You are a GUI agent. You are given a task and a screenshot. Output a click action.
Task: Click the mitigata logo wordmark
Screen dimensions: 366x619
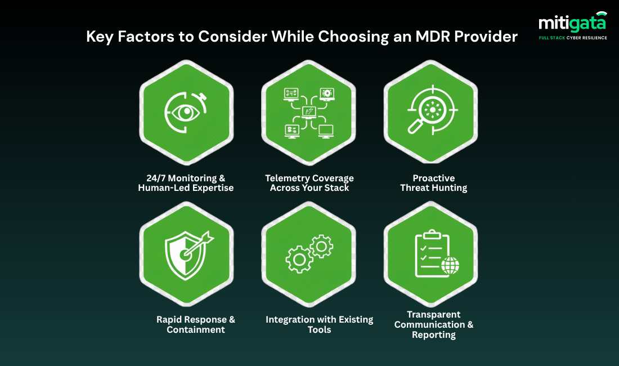(x=572, y=22)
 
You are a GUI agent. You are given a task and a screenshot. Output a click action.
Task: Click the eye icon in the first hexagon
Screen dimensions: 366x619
(x=186, y=112)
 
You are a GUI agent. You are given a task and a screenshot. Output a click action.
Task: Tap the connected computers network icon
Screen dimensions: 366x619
(x=309, y=112)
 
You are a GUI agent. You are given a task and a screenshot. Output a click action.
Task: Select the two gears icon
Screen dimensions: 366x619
(x=309, y=256)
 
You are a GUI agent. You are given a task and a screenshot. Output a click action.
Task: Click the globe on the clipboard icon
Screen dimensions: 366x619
(x=450, y=266)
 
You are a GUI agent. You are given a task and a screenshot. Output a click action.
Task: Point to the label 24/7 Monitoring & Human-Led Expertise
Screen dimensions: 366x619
(x=185, y=183)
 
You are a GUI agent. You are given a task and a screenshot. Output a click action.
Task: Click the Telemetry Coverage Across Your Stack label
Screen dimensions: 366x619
(x=309, y=183)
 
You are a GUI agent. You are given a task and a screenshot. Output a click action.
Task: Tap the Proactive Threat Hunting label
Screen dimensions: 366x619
(x=433, y=183)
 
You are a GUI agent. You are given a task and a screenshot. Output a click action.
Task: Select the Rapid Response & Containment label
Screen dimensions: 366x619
(x=196, y=324)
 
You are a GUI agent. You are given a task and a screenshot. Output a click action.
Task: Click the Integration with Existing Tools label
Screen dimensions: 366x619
(x=319, y=324)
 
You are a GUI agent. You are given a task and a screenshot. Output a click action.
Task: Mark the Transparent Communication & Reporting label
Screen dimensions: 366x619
(x=433, y=324)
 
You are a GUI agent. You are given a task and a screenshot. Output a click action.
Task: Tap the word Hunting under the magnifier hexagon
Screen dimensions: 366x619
(x=448, y=188)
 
